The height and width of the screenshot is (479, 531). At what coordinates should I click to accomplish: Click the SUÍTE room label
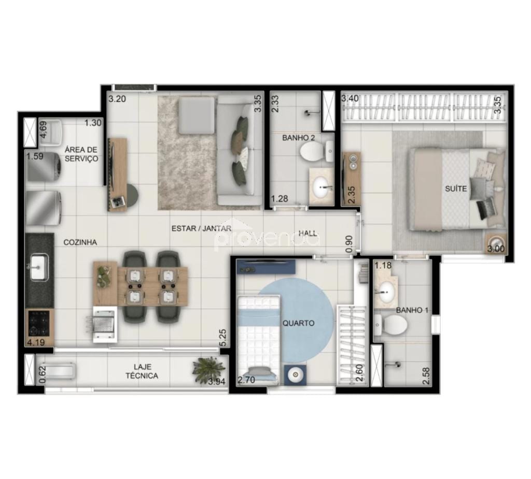pos(456,189)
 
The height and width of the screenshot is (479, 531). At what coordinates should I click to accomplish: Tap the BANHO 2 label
pos(299,138)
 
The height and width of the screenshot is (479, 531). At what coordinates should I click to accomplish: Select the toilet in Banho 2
pos(312,152)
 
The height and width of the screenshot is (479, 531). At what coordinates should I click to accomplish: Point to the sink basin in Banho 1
pos(386,293)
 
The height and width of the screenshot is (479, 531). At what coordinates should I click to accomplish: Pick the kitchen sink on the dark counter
pos(38,268)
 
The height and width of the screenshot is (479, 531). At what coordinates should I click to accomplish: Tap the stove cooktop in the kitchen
pos(39,323)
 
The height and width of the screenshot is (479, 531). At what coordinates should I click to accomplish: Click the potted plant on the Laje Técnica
pos(209,369)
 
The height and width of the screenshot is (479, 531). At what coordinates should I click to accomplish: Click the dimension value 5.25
pos(223,339)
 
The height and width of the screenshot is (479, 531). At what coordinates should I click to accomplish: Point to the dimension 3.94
pos(216,383)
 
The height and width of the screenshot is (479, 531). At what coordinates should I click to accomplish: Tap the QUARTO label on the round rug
pos(298,323)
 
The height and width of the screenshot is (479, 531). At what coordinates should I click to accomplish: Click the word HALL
pos(308,233)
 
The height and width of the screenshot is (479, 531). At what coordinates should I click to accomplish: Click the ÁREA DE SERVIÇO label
pos(81,154)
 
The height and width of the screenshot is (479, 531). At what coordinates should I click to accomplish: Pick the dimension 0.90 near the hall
pos(349,244)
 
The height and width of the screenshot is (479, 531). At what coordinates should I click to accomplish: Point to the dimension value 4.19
pos(36,342)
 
